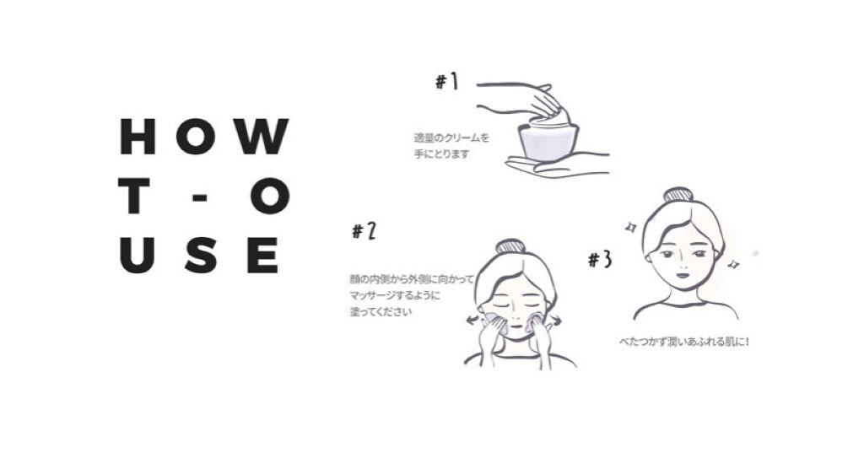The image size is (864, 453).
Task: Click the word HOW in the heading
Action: [204, 136]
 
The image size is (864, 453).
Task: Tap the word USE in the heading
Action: [199, 255]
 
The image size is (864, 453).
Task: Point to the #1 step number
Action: [447, 82]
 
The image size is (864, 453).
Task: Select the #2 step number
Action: [364, 231]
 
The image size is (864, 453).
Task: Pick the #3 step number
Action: [600, 259]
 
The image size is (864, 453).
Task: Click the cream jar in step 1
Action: [548, 140]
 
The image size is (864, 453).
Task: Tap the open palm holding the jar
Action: [557, 164]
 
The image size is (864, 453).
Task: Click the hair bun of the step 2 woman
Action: [510, 245]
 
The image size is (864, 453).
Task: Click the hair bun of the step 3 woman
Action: [678, 195]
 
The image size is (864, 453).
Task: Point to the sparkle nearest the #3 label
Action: [630, 227]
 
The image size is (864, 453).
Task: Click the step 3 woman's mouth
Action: [682, 274]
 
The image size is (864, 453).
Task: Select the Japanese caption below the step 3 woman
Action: [684, 342]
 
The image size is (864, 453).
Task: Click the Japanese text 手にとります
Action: [442, 154]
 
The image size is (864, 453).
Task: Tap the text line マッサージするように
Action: [395, 295]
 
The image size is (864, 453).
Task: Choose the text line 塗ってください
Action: [381, 312]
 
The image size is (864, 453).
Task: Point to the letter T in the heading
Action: [134, 196]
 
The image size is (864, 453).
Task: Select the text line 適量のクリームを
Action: [451, 138]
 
